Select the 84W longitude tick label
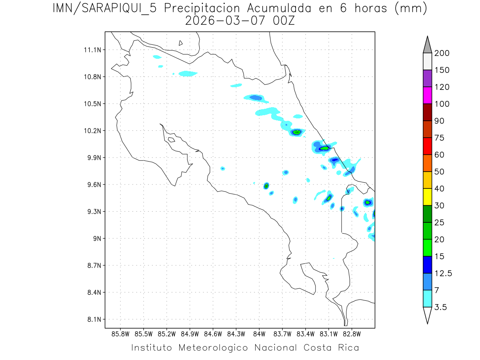coord(259,334)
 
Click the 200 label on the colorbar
coord(442,53)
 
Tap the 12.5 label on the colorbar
coord(443,273)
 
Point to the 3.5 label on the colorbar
coord(441,307)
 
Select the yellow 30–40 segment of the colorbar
coord(427,197)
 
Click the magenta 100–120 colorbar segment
coord(427,95)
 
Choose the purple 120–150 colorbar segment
coord(427,78)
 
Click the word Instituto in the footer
coord(152,348)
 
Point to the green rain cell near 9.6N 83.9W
coord(266,185)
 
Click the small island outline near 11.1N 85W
coord(181,43)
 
